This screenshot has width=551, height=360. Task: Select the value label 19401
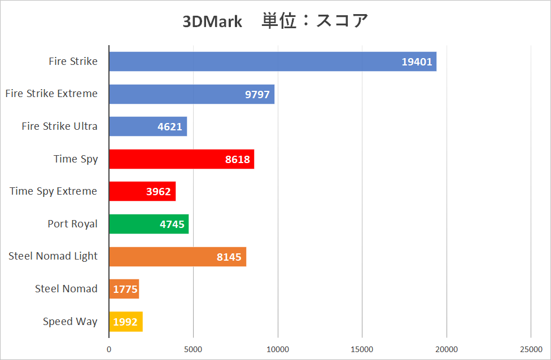point(417,62)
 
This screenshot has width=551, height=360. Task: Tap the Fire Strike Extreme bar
point(191,94)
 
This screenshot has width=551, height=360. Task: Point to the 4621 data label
point(170,127)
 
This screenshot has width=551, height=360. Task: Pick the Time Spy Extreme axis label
point(54,191)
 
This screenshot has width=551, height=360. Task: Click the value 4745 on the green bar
point(172,225)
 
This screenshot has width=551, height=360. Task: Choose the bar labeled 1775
point(124,289)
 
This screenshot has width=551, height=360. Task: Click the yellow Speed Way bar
point(125,322)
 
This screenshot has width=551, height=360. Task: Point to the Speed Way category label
point(70,322)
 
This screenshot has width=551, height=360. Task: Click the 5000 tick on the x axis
point(193,349)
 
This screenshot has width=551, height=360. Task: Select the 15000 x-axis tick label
point(362,349)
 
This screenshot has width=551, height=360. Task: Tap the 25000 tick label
point(531,349)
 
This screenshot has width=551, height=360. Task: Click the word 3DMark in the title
point(212,22)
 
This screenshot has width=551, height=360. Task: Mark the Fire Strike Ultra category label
point(59,126)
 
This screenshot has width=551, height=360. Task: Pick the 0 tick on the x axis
point(109,349)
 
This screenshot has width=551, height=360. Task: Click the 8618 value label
point(237,160)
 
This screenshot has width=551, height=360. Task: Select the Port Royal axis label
point(73,224)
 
